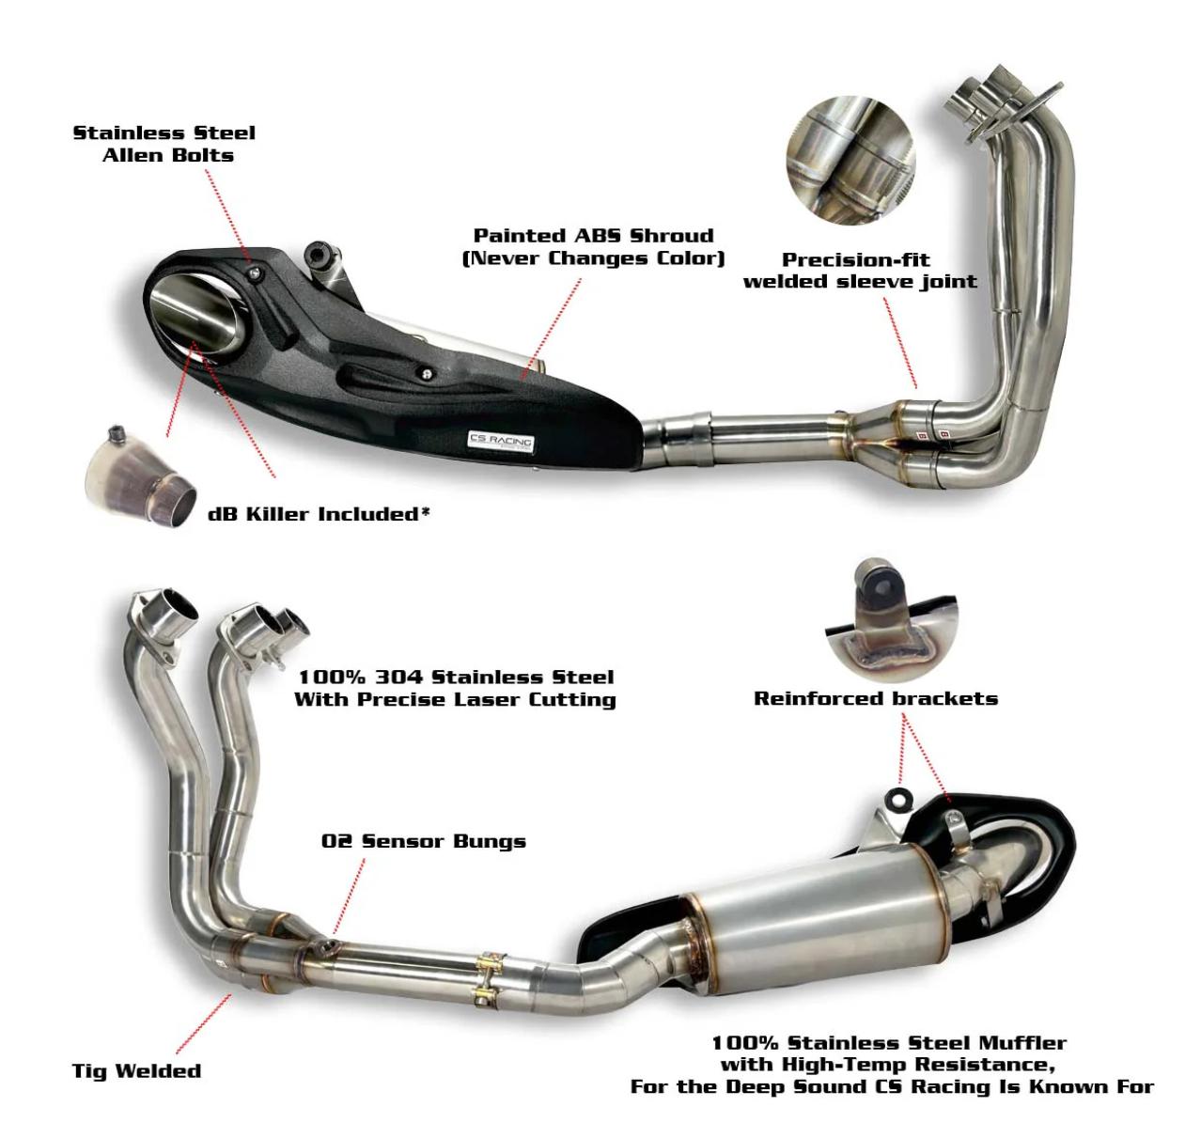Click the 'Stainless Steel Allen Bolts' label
tap(164, 145)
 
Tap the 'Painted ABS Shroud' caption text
tap(593, 236)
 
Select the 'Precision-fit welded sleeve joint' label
tap(860, 271)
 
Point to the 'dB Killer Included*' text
tap(319, 514)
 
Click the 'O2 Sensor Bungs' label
tap(424, 841)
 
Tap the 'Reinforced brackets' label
tap(876, 698)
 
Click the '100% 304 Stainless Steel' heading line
tap(456, 678)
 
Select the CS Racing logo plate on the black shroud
tap(501, 442)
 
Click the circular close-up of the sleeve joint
tap(850, 160)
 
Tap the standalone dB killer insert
tap(141, 476)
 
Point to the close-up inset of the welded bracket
tap(892, 619)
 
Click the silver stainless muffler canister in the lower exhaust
tap(819, 929)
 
